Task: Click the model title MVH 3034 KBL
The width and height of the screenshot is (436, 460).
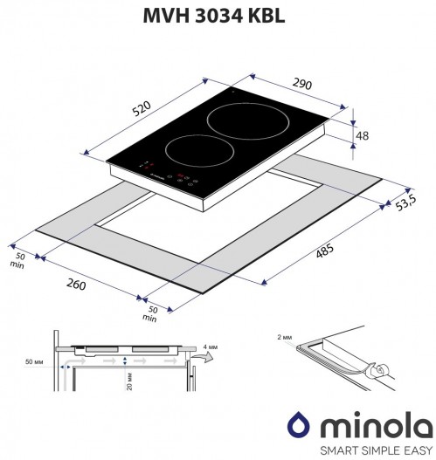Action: tap(214, 16)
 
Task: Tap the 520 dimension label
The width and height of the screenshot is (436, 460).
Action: tap(142, 109)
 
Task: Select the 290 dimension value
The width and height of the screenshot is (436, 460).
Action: tap(301, 84)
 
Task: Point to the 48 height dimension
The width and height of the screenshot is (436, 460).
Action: tap(362, 136)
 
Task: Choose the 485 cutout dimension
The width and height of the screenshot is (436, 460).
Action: tap(325, 251)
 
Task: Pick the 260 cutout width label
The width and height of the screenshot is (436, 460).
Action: tap(76, 285)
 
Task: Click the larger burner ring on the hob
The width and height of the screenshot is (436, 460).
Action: tap(248, 121)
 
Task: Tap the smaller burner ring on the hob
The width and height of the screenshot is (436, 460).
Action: tap(199, 151)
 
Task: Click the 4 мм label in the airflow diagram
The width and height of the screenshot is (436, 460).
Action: tap(211, 347)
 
